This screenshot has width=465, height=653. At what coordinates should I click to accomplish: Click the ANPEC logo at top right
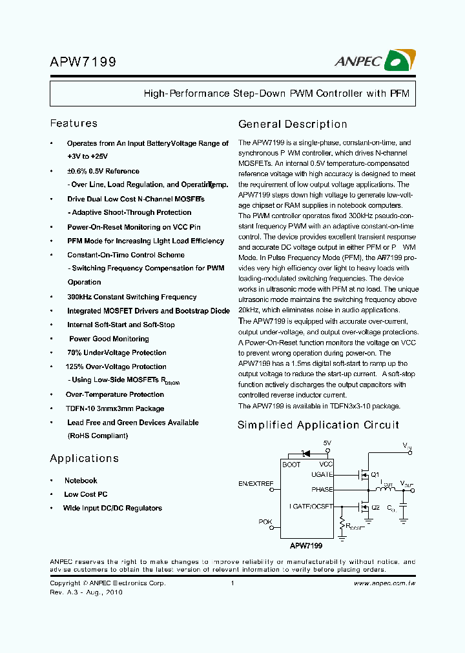pos(375,61)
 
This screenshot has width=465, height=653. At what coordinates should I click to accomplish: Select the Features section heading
pos(74,123)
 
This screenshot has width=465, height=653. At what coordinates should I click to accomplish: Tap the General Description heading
pos(293,124)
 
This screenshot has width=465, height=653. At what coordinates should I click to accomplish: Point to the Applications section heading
pos(84,458)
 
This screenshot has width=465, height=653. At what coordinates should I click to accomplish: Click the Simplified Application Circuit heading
pos(318,425)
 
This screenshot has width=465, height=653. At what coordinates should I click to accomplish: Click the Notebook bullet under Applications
pos(81,481)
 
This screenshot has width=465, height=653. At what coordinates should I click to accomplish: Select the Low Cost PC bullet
pos(85,494)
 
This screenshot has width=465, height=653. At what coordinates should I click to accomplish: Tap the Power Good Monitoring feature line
pos(108,339)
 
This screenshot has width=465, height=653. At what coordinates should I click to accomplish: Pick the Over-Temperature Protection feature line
pos(115,394)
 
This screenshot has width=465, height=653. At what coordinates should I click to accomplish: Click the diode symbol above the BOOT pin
pos(307,452)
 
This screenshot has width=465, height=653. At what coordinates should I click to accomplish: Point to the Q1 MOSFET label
pos(375,475)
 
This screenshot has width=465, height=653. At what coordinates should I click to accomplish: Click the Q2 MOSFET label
pos(375,507)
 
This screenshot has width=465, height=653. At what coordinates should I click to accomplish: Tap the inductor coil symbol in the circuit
pos(387,490)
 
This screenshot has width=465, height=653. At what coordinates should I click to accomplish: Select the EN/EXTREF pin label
pos(256,483)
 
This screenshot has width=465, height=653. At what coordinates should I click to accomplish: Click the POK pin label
pos(265,521)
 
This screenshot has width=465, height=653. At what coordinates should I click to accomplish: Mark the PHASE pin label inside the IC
pos(322,490)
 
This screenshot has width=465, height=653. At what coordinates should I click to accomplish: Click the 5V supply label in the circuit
pos(327,443)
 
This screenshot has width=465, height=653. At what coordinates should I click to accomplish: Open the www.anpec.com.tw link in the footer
pos(384,583)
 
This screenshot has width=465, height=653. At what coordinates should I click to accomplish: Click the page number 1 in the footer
pos(231,583)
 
